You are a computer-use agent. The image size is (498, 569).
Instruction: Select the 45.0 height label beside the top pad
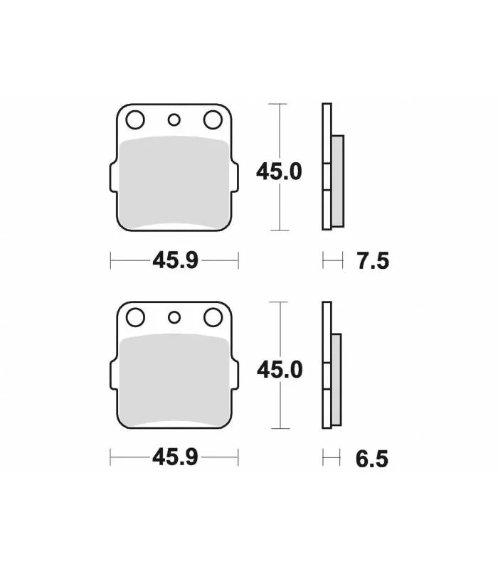pyautogui.click(x=279, y=171)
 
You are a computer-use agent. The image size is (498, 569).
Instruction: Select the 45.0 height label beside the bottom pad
pyautogui.click(x=280, y=370)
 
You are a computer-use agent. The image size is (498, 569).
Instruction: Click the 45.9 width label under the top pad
pyautogui.click(x=175, y=260)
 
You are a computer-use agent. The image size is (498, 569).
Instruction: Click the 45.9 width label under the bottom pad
pyautogui.click(x=175, y=457)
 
